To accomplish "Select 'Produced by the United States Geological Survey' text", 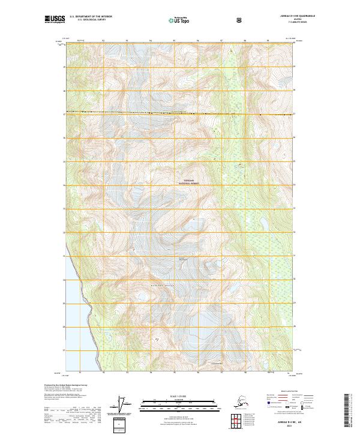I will tap(67, 385).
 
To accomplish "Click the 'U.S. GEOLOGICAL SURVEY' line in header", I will tap(86, 21).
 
